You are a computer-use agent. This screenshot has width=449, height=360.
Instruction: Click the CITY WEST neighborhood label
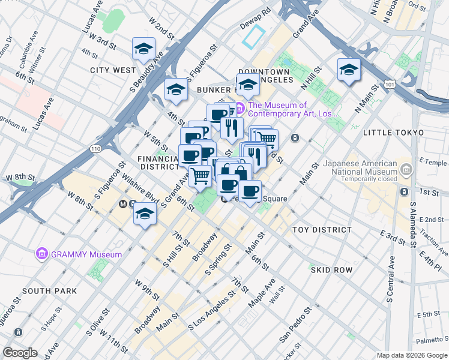click(113, 70)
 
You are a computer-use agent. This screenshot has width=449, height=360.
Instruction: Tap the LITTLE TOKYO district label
click(393, 132)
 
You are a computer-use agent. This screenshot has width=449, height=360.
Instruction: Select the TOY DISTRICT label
click(322, 230)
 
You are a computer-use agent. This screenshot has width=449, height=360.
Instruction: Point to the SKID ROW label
click(331, 270)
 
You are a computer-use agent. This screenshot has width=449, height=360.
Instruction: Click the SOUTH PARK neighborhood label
click(49, 291)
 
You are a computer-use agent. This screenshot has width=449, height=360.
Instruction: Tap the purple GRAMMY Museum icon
click(42, 254)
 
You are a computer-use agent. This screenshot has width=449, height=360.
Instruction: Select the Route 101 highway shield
click(391, 85)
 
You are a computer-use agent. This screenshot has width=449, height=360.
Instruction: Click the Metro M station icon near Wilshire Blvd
click(123, 204)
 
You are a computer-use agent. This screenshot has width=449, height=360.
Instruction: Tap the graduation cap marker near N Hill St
click(348, 71)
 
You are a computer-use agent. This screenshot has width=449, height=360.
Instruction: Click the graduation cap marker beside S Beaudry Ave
click(144, 49)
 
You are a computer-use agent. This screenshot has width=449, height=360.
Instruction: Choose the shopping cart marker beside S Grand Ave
click(200, 175)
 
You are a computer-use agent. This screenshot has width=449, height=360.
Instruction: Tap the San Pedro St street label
click(294, 325)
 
